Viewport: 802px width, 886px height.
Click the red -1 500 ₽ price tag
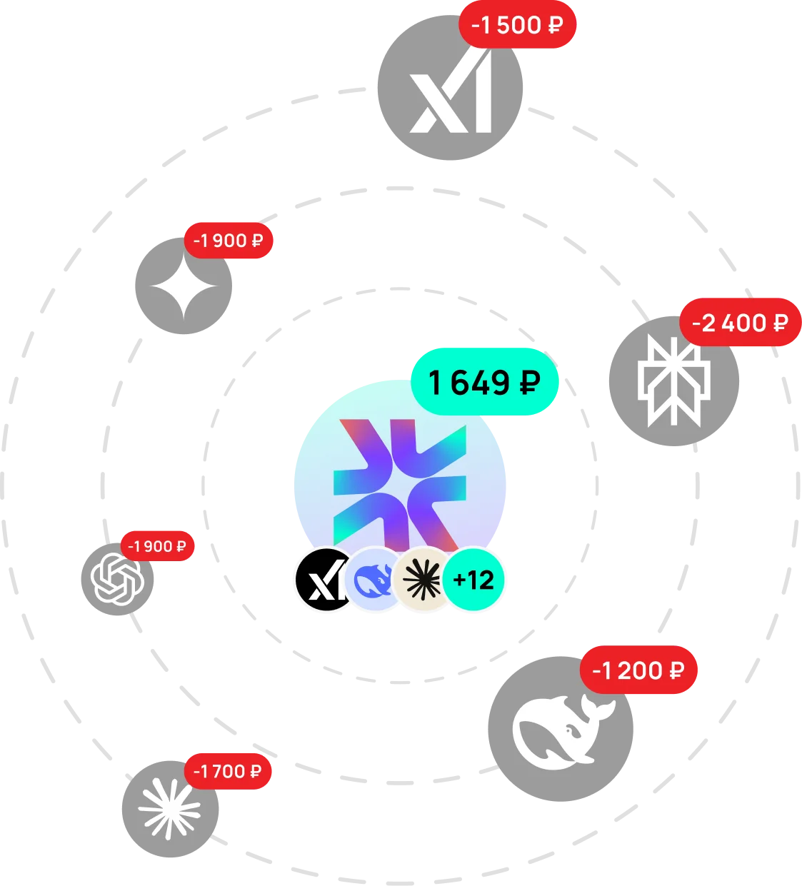coord(517,26)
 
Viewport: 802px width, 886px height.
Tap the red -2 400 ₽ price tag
coord(740,323)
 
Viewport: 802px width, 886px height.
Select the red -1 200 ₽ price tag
coord(638,671)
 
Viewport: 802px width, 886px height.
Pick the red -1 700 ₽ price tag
coord(228,772)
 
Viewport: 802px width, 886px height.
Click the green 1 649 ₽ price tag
coord(484,383)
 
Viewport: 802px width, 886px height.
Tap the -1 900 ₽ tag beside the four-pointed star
coord(229,241)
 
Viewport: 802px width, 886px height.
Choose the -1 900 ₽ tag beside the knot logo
coord(157,547)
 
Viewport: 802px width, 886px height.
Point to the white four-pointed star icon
coord(184,287)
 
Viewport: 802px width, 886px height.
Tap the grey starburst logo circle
coord(170,809)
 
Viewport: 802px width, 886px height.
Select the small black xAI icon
coord(321,580)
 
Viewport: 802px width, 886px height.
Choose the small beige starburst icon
coord(422,580)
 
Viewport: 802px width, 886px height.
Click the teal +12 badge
coord(473,580)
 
